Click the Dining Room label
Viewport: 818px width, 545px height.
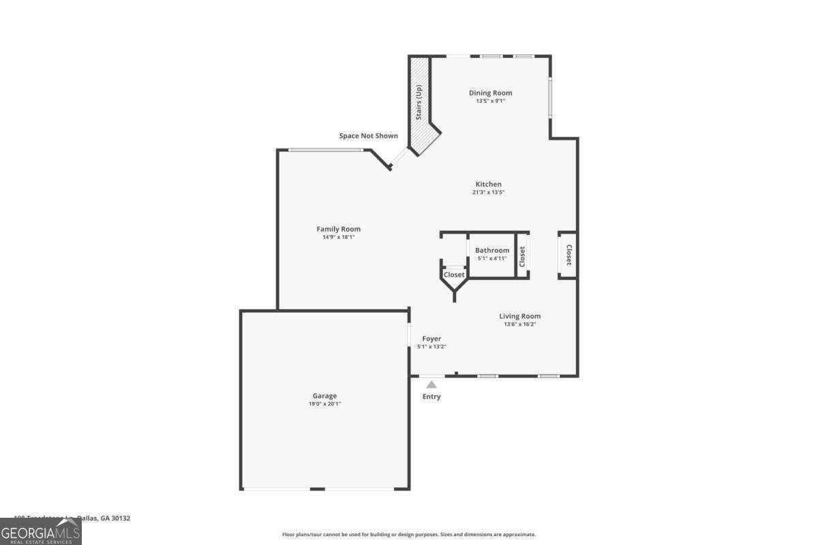(490, 93)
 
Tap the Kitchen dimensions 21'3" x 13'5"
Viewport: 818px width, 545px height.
(488, 192)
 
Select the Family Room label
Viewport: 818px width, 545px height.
(338, 229)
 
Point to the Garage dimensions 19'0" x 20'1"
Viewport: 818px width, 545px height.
(324, 404)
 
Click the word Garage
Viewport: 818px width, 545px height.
(324, 396)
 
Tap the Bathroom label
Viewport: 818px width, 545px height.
(492, 250)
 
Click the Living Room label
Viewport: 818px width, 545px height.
(519, 316)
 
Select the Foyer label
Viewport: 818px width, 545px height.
(431, 339)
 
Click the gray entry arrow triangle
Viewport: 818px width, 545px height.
(431, 385)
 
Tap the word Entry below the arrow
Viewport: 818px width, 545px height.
(431, 396)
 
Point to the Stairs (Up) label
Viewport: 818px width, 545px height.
(419, 102)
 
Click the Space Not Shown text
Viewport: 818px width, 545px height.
(368, 136)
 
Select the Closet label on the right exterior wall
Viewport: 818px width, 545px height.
(569, 255)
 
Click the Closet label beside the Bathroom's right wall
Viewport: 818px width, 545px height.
(522, 256)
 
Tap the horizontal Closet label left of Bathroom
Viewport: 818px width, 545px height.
(454, 275)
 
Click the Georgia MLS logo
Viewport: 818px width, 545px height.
(41, 531)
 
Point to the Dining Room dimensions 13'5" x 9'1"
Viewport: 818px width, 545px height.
(490, 101)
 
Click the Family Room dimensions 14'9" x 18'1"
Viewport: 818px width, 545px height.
(338, 237)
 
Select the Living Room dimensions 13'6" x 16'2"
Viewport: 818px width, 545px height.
(519, 324)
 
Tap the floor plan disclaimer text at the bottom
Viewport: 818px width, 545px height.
(409, 535)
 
